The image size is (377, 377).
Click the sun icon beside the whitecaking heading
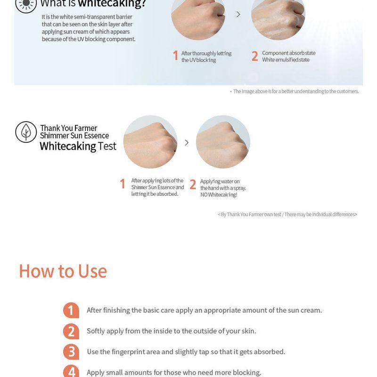click(26, 4)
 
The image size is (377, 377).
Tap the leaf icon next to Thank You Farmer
click(26, 132)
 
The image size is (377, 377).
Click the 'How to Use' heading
click(63, 271)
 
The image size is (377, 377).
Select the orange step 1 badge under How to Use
click(71, 310)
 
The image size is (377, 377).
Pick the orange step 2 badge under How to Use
click(71, 331)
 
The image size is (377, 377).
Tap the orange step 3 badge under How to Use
click(71, 352)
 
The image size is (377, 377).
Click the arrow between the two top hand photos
click(238, 15)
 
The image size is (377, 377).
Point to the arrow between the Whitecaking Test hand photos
click(187, 143)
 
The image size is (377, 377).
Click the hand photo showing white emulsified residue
click(278, 17)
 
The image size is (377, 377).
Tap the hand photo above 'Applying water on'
click(223, 142)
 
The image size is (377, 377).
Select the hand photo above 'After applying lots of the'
click(150, 142)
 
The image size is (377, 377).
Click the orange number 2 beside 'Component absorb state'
click(254, 56)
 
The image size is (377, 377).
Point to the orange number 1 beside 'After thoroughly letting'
click(176, 56)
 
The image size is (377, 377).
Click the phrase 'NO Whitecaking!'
click(219, 195)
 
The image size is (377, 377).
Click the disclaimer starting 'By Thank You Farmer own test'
click(287, 214)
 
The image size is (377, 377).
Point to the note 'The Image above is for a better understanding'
click(296, 91)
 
